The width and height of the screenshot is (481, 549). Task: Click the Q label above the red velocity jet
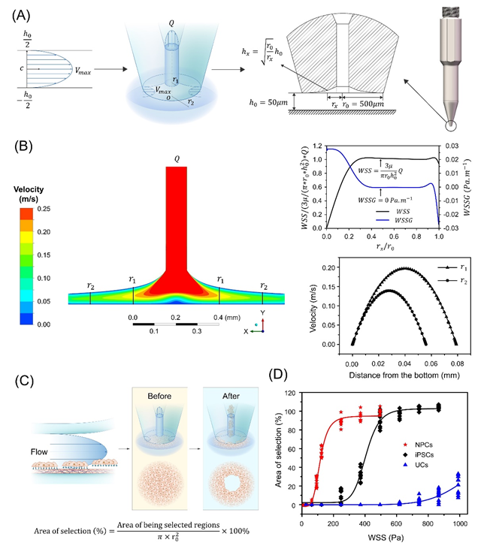pos(177,158)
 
